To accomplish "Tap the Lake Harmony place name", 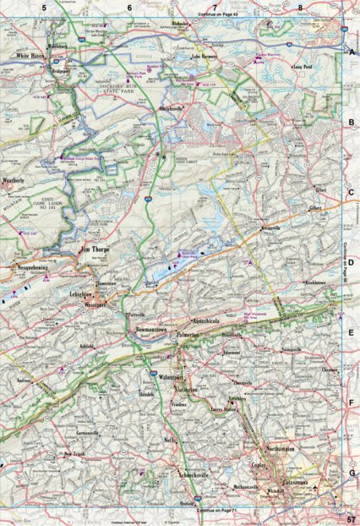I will click(207, 57).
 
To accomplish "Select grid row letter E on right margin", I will click(351, 332).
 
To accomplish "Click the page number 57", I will click(352, 518).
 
